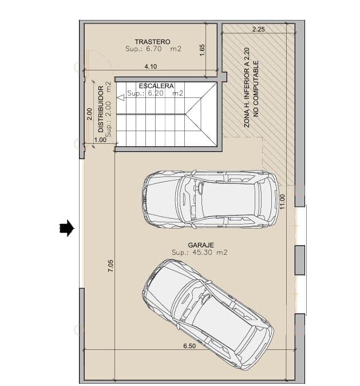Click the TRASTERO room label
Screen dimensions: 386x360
coord(153,42)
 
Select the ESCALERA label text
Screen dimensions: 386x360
coord(156,86)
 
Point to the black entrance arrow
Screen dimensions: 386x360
coord(67,229)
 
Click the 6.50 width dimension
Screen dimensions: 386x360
coord(189,346)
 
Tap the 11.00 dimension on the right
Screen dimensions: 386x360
coord(282,201)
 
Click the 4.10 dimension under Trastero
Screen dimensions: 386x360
coord(151,67)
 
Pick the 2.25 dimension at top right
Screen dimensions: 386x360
coord(258,29)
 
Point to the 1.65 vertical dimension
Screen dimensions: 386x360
coord(202,50)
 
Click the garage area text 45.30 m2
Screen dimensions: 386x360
coord(200,253)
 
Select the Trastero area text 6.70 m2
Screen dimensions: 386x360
coord(153,50)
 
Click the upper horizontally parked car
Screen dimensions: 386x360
coord(210,199)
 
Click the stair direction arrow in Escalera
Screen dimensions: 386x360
coord(120,98)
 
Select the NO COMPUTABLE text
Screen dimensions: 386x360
coord(256,89)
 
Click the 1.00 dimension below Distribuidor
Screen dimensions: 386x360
coord(100,140)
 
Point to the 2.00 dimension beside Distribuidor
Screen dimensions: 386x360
coord(89,115)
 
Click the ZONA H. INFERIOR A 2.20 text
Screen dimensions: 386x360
coord(247,87)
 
